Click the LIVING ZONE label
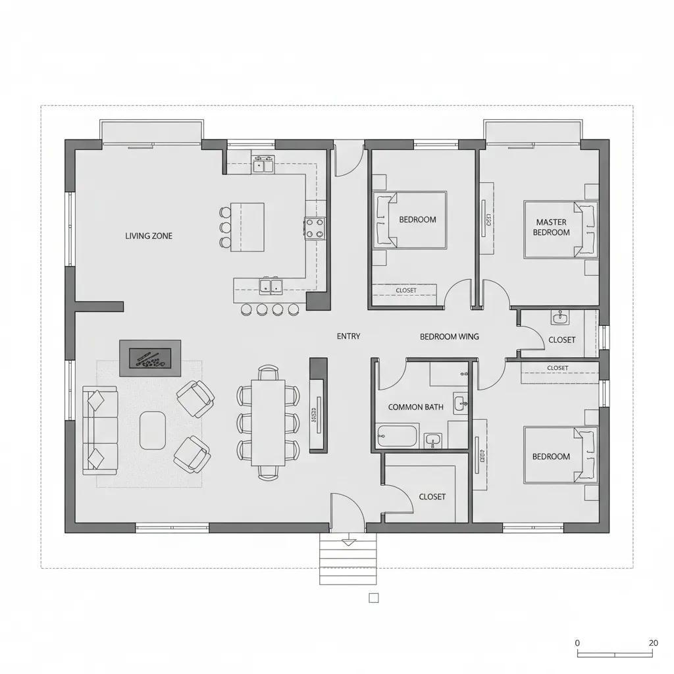(149, 236)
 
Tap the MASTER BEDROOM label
(551, 228)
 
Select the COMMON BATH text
(415, 407)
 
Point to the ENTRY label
(348, 336)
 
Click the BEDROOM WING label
(450, 336)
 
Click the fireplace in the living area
(149, 358)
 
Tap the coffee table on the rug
(153, 430)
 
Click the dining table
(269, 422)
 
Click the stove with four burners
(315, 228)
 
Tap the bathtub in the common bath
(398, 436)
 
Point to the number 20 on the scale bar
(653, 643)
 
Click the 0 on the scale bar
(577, 643)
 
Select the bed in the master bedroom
(561, 229)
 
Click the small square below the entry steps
(373, 598)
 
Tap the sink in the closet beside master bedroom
(559, 318)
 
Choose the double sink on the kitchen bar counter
(271, 286)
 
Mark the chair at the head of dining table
(268, 373)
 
